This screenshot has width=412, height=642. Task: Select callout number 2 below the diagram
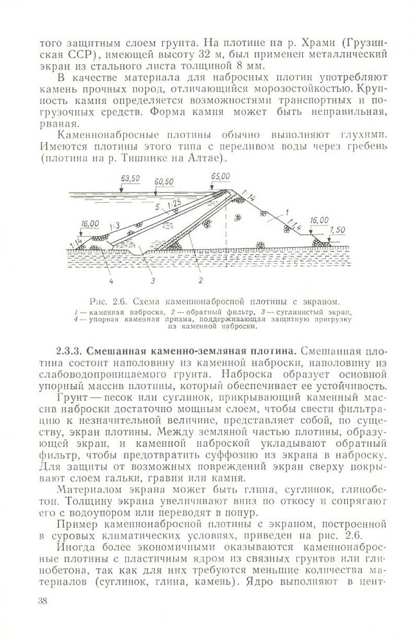200,281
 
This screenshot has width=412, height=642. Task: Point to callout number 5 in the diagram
158,207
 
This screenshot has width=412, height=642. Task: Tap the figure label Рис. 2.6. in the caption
107,302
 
